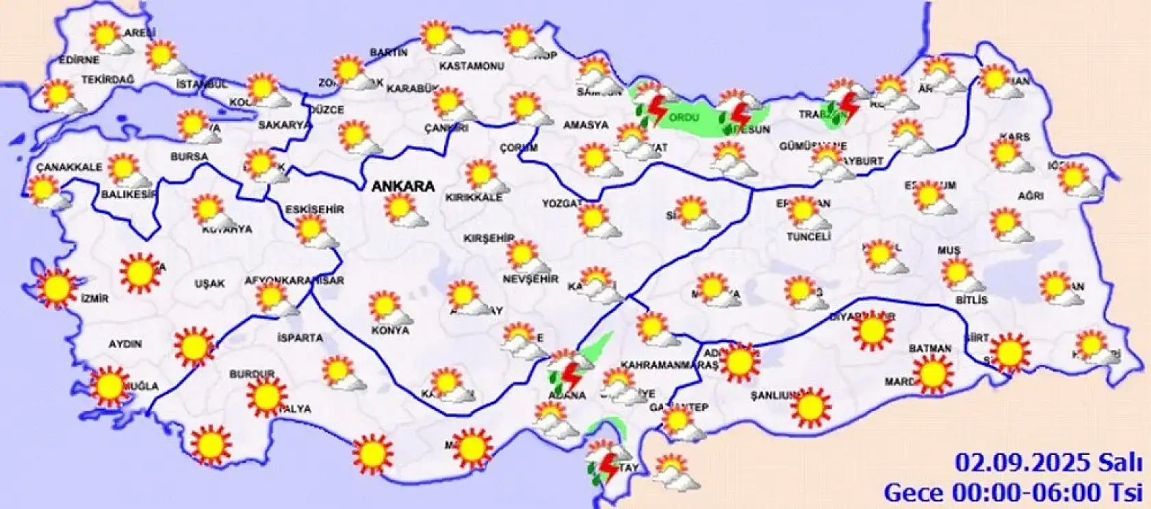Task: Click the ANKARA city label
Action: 402,186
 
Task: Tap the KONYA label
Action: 390,330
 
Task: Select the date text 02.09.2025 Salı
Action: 1048,463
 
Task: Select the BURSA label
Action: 189,157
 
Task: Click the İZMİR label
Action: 94,299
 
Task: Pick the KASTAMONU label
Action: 471,66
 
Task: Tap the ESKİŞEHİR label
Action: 315,209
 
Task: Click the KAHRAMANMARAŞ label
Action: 669,365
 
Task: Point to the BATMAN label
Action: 930,349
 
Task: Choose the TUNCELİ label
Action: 809,236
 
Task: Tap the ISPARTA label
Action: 300,338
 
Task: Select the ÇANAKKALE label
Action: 69,167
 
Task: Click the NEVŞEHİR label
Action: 530,280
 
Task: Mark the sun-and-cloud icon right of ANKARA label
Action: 404,210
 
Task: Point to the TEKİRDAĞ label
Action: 108,80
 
